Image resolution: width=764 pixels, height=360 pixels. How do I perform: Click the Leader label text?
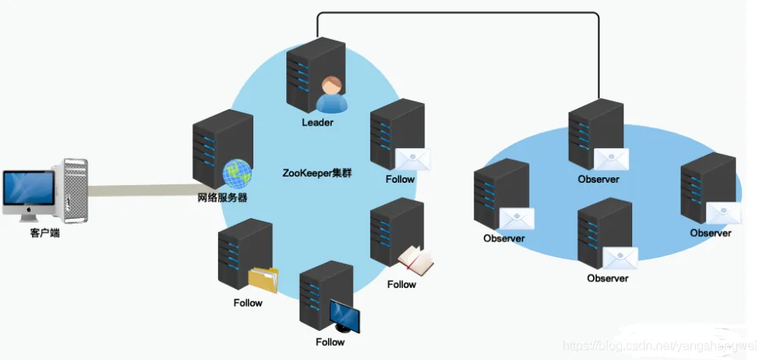(x=318, y=122)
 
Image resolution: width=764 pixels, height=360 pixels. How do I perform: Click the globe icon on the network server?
(x=236, y=173)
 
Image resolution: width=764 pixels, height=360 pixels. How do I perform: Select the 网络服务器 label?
(x=223, y=198)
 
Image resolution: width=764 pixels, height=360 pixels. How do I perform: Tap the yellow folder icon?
(x=264, y=279)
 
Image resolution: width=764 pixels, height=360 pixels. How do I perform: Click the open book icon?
(x=415, y=261)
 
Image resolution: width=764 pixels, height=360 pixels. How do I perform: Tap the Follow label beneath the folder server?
(x=248, y=303)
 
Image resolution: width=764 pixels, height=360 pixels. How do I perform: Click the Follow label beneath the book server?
(x=401, y=284)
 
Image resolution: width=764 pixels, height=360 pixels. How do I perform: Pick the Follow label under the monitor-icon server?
(x=330, y=342)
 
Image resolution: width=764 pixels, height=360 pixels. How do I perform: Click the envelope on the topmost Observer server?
(x=612, y=159)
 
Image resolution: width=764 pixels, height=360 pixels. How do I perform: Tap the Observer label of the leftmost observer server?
(x=504, y=238)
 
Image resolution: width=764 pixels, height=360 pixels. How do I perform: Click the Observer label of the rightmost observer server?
(x=711, y=233)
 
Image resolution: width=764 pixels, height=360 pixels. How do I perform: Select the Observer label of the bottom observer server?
(x=608, y=278)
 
